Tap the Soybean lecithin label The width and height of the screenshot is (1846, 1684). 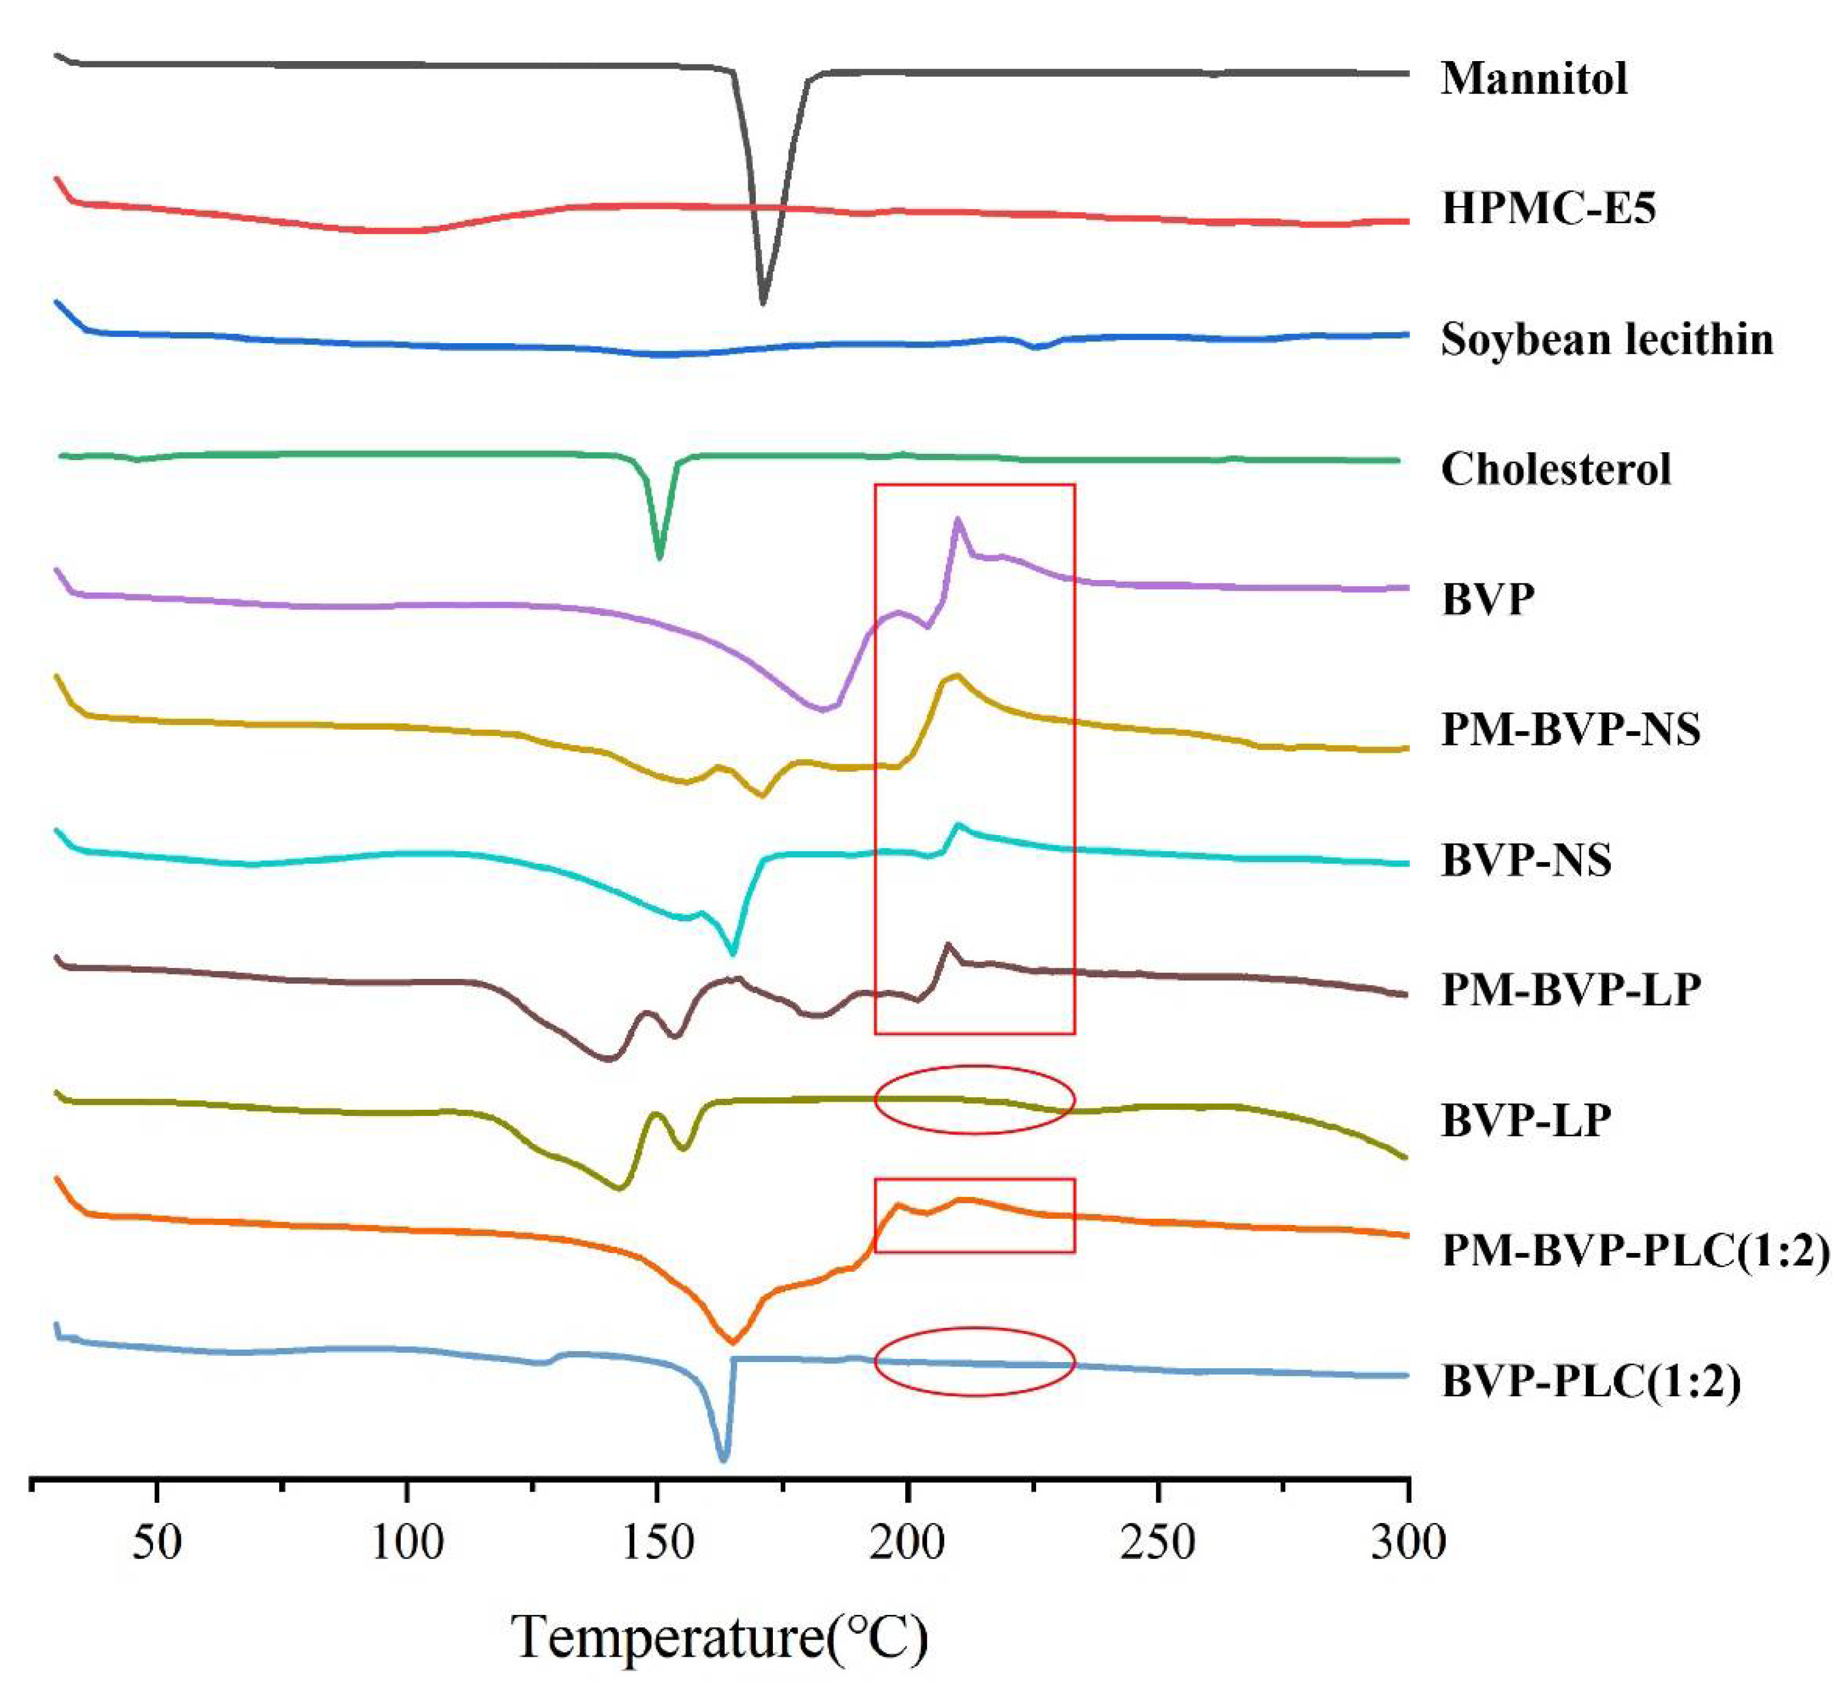[x=1607, y=340]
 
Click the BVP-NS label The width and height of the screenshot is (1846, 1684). [x=1526, y=861]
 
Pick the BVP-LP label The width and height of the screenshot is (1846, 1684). [x=1526, y=1121]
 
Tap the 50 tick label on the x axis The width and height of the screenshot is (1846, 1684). [x=156, y=1544]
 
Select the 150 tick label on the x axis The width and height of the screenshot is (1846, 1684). [x=658, y=1544]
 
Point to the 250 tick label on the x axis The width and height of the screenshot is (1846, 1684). [x=1158, y=1544]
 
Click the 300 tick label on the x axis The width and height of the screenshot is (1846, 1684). [x=1408, y=1544]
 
